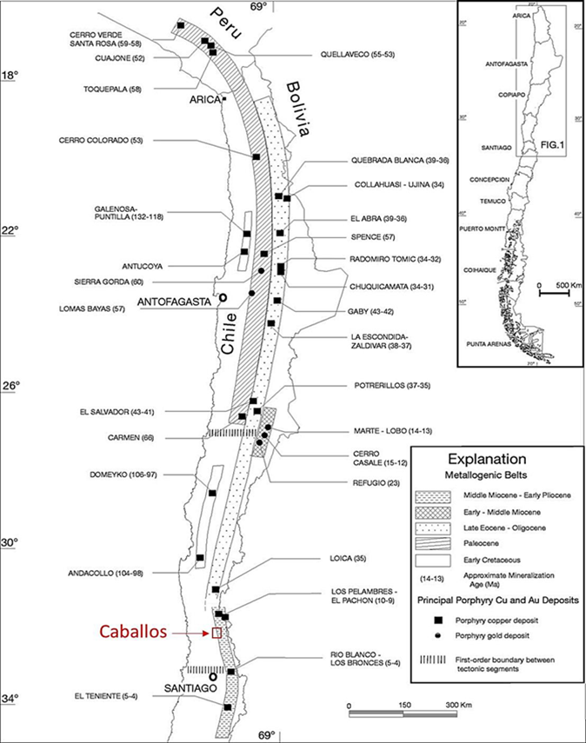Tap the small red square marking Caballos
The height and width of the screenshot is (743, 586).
pos(216,633)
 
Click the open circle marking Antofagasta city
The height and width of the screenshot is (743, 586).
pos(223,297)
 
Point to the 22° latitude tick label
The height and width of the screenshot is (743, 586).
pos(13,230)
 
